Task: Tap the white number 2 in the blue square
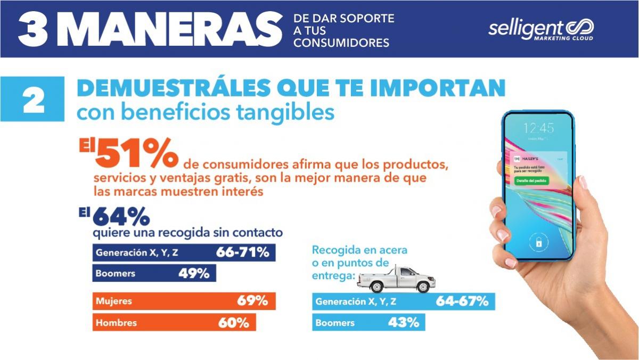(x=34, y=100)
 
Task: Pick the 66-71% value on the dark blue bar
(x=242, y=252)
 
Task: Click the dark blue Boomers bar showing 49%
(x=154, y=274)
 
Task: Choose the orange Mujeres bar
(x=184, y=301)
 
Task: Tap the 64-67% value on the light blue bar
(x=462, y=301)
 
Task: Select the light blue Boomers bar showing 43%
(x=368, y=322)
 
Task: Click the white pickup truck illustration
(x=396, y=280)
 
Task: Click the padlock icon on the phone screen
(x=538, y=243)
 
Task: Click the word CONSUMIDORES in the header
(x=341, y=43)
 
